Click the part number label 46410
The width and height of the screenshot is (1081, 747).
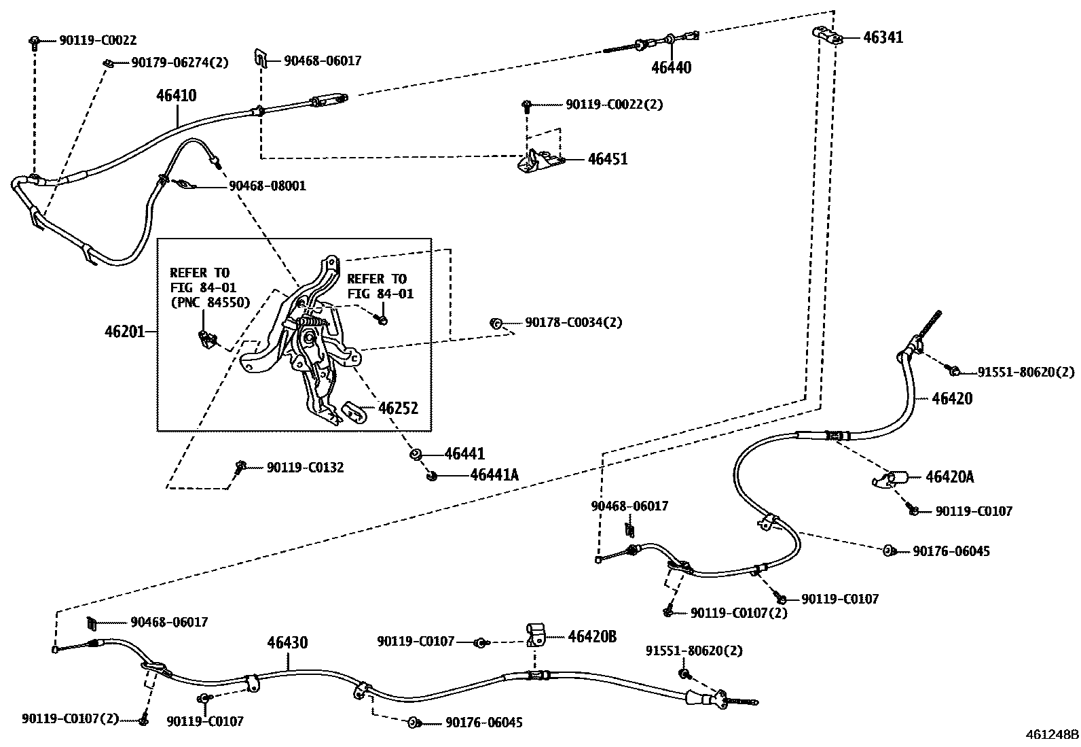click(176, 96)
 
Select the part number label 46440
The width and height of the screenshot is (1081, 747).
click(671, 67)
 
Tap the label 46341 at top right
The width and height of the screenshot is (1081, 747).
click(883, 37)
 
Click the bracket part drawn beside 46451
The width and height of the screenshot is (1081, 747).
click(540, 162)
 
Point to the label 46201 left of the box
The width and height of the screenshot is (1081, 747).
click(124, 332)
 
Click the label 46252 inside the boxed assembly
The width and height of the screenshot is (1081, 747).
click(398, 409)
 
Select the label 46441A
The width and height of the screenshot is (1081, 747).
click(494, 475)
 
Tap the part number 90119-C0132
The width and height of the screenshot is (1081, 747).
click(305, 468)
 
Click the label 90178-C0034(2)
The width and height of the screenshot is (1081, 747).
click(573, 322)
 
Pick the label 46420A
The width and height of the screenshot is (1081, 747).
click(949, 477)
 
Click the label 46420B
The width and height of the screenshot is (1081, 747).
click(591, 636)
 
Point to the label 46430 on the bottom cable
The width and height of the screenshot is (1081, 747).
click(287, 642)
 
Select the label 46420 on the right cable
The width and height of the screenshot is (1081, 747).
click(952, 398)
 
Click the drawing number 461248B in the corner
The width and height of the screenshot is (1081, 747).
click(1052, 735)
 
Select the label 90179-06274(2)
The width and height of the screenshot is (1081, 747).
click(179, 63)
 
